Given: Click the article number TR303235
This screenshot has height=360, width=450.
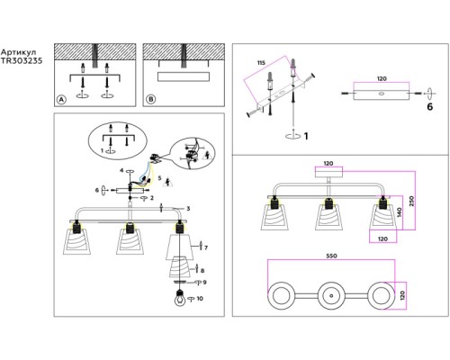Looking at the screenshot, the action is [22, 61].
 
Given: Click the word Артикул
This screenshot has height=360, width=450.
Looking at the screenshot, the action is [18, 52].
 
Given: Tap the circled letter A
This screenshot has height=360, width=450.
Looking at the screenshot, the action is [61, 99].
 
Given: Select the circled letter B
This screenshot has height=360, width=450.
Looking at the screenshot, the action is [151, 99].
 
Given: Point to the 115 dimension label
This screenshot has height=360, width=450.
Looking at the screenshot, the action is [261, 63].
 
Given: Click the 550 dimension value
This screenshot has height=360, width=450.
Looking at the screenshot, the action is [331, 256].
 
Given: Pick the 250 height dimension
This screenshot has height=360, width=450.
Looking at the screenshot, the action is [411, 201].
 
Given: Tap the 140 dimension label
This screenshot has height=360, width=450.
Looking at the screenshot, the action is [399, 212].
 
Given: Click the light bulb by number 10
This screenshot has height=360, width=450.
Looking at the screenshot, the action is [180, 299].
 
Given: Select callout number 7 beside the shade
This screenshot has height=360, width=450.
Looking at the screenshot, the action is [206, 247].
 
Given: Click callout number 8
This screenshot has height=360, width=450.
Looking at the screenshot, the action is [202, 271].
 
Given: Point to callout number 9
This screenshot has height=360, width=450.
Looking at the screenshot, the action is [204, 283].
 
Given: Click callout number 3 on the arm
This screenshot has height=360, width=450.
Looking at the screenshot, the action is [188, 209].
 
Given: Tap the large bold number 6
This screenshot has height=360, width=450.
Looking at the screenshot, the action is [430, 107].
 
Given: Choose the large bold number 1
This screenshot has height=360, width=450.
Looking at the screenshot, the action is [306, 136].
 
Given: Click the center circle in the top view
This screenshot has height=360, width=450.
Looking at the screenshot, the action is [331, 295].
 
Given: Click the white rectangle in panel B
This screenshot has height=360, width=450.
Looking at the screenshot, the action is [184, 76].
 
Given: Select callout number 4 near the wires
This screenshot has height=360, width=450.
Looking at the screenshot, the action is [121, 171].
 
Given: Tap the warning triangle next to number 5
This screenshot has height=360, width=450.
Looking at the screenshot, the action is [167, 182].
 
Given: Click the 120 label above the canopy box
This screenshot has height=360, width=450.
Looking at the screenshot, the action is [328, 164].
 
